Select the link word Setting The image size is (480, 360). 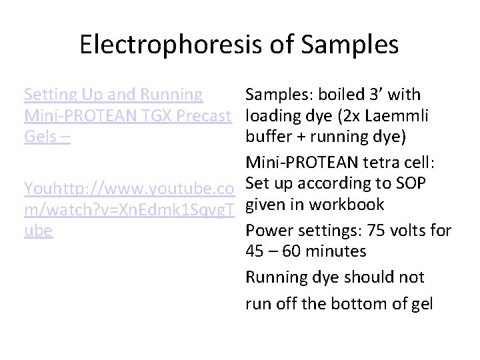click(50, 95)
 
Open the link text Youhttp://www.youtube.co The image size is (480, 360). click(131, 188)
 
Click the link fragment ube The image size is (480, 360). click(39, 231)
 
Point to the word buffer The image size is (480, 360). click(268, 139)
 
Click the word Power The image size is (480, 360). click(268, 230)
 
